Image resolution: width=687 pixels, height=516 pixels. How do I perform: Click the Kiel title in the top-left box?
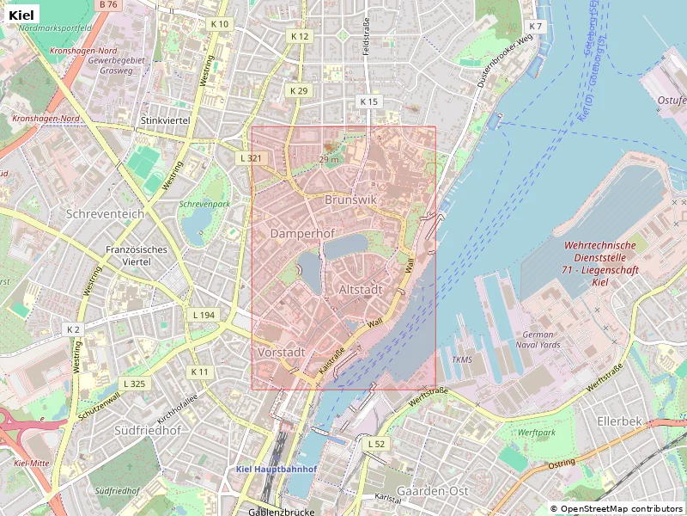point(22,15)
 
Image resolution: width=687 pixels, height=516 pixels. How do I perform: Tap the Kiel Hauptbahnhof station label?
point(277,470)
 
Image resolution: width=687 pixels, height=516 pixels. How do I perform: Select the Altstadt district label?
point(361,290)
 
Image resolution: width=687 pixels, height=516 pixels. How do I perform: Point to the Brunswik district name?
point(351,200)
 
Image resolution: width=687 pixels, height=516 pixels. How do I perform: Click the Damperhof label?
point(301,234)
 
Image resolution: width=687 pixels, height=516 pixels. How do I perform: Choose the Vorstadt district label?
point(282,353)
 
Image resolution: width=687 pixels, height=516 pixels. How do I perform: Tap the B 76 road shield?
point(108,5)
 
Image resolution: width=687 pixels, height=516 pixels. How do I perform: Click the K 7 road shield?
point(536,27)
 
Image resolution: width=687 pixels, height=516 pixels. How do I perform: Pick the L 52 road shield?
point(376,444)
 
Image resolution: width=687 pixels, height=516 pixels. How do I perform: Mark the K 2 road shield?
point(73,329)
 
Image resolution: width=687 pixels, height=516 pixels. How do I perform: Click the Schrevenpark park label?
point(204,205)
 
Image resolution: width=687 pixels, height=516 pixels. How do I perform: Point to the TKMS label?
point(462,359)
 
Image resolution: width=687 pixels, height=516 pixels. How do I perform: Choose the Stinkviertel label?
point(165,121)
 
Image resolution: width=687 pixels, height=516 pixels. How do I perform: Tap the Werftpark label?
point(537,433)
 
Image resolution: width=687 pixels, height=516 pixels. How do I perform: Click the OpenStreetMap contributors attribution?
point(616,509)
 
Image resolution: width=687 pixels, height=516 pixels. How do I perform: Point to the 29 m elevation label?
point(329,159)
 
